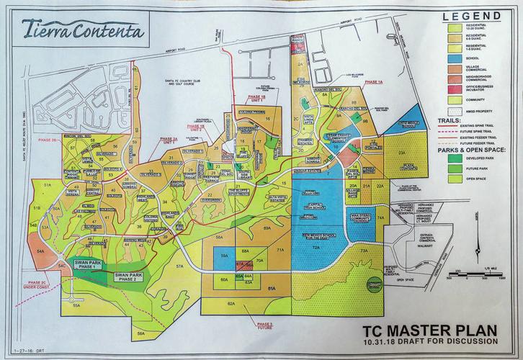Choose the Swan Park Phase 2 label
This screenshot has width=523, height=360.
point(124,276)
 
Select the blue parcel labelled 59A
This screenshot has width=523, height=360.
point(224,256)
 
